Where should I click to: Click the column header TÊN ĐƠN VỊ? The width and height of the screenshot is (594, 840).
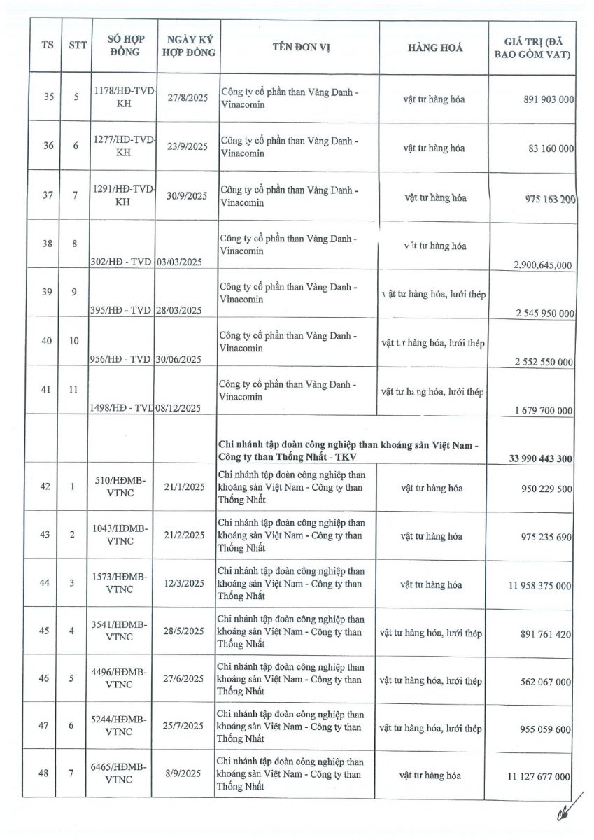pyautogui.click(x=301, y=48)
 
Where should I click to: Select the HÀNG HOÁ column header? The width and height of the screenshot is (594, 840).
pyautogui.click(x=434, y=48)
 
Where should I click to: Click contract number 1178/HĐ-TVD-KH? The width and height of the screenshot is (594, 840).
pyautogui.click(x=123, y=99)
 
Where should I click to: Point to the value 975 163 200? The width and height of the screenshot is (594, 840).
pyautogui.click(x=549, y=199)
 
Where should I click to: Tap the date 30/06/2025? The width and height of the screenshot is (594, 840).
pyautogui.click(x=178, y=359)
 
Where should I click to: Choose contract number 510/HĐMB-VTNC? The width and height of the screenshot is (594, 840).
pyautogui.click(x=119, y=487)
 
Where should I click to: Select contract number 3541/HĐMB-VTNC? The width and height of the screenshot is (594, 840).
pyautogui.click(x=119, y=631)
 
